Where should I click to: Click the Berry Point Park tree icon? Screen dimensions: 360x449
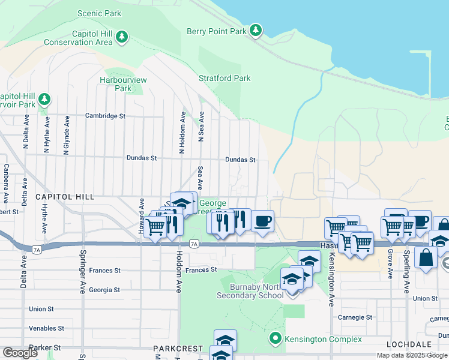point(256,30)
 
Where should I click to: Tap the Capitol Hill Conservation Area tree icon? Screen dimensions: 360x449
point(122,38)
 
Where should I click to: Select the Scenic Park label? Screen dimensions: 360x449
point(99,13)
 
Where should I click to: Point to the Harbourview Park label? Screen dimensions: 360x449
point(123,84)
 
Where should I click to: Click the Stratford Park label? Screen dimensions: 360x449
point(224,78)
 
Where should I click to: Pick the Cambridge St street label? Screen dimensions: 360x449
point(105,116)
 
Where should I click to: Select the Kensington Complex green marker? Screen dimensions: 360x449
point(276,339)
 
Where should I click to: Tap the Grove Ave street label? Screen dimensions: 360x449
point(390,265)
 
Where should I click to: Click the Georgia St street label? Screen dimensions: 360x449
point(104,290)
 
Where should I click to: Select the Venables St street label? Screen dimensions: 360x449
point(46,328)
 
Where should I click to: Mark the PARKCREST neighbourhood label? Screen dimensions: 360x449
point(175,349)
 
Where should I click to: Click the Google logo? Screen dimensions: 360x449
point(20,353)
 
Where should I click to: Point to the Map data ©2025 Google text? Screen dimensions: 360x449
point(412,355)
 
